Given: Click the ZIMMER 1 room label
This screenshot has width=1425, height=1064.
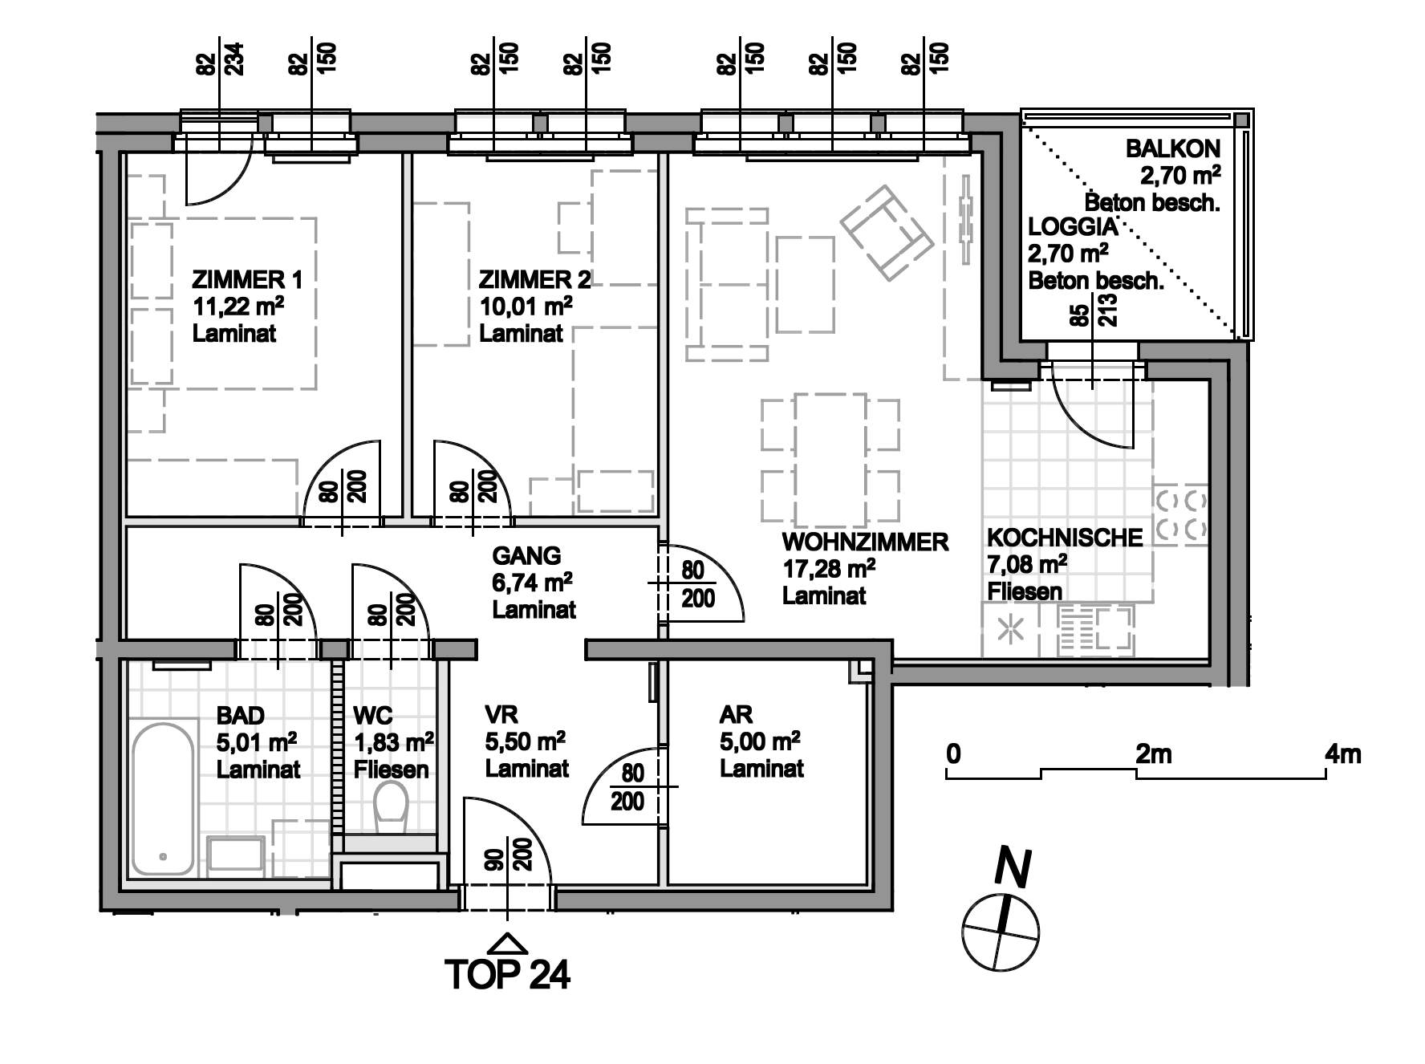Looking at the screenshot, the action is pos(247,280).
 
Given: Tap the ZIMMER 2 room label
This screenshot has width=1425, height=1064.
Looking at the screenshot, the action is pos(534,280).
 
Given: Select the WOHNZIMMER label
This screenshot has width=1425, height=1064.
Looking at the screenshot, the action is pos(865,542).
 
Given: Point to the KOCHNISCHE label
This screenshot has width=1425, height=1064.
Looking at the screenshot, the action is pos(1065,538).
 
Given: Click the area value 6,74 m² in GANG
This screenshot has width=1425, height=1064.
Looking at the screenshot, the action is pos(532,583).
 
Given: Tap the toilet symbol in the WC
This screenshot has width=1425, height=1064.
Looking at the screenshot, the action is pos(392,806).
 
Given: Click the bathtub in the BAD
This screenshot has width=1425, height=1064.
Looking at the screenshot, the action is pos(163,798).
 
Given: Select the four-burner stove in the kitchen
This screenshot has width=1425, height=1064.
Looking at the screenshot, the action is pos(1182,514).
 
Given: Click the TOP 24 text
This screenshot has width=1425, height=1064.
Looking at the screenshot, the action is pos(507,974).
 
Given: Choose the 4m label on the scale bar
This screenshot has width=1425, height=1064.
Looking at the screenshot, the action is pos(1343,755).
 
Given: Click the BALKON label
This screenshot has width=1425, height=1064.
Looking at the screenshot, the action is pos(1173,148).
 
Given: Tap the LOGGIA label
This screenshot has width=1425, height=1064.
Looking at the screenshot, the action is pos(1073,227).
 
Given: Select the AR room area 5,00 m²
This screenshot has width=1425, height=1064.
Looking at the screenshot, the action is pos(759,741).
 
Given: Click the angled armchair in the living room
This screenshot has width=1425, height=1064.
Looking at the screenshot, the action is pos(887,233).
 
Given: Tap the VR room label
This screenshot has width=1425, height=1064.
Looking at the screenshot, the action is pos(501,714).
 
